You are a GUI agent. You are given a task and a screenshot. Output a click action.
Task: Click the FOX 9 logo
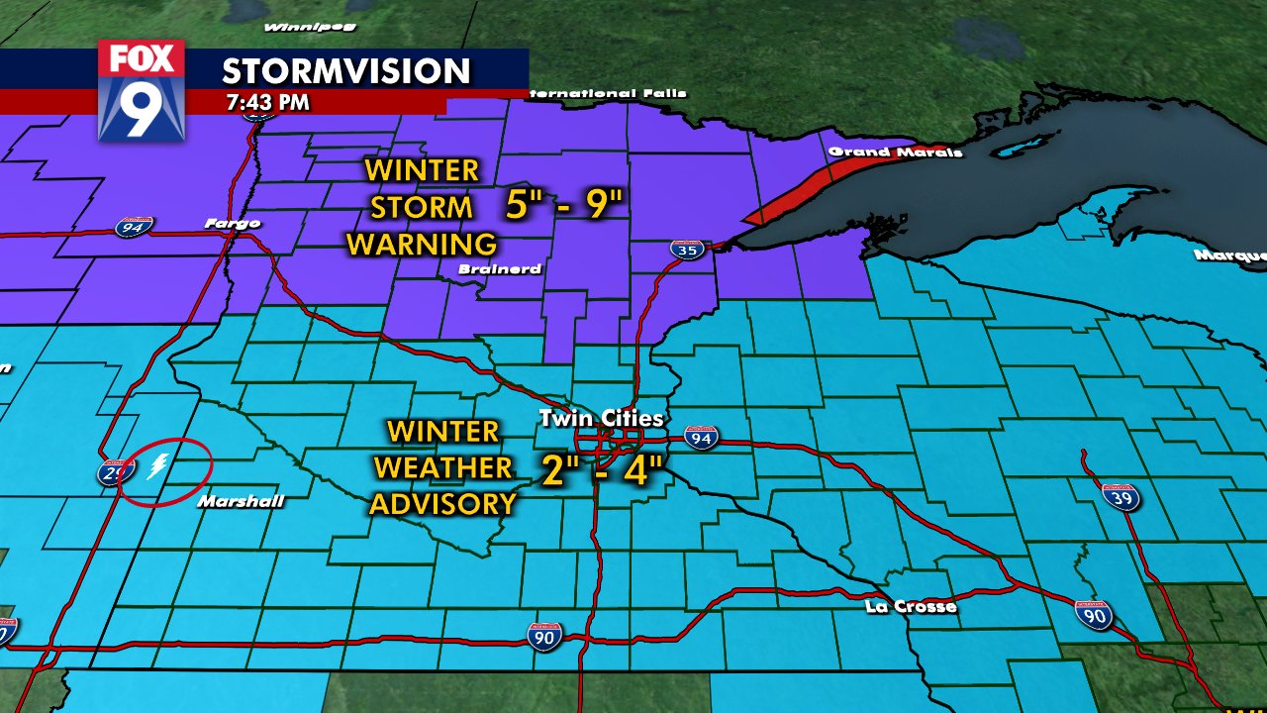point(142,90)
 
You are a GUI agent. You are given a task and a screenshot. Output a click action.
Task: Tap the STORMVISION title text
point(345,70)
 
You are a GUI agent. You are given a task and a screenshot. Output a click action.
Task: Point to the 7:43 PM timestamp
point(266,102)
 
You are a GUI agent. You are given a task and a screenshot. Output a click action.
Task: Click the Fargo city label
point(232,223)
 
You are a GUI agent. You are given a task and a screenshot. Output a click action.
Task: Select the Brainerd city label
point(499,268)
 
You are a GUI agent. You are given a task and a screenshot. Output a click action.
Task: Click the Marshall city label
point(241,502)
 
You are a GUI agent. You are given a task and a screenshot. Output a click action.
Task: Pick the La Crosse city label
point(911,606)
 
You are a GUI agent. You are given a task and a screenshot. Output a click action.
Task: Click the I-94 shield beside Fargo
point(133,228)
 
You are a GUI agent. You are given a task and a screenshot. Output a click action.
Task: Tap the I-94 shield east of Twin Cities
point(701,438)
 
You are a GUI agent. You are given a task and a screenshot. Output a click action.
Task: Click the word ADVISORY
point(442,503)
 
